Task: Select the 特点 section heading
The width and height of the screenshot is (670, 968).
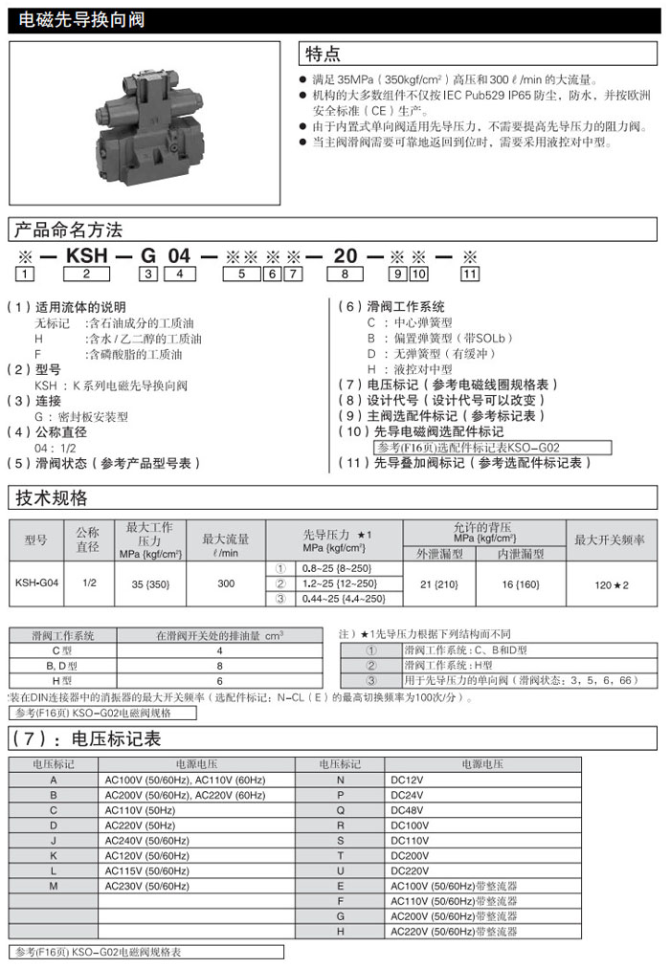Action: click(322, 54)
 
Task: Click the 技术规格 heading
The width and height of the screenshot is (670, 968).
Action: click(52, 497)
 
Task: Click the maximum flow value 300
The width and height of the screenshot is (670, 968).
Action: click(226, 583)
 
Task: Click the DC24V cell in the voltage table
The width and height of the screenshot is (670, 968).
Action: click(407, 794)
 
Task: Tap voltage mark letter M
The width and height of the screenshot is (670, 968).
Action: click(54, 886)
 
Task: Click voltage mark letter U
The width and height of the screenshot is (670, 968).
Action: click(340, 870)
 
